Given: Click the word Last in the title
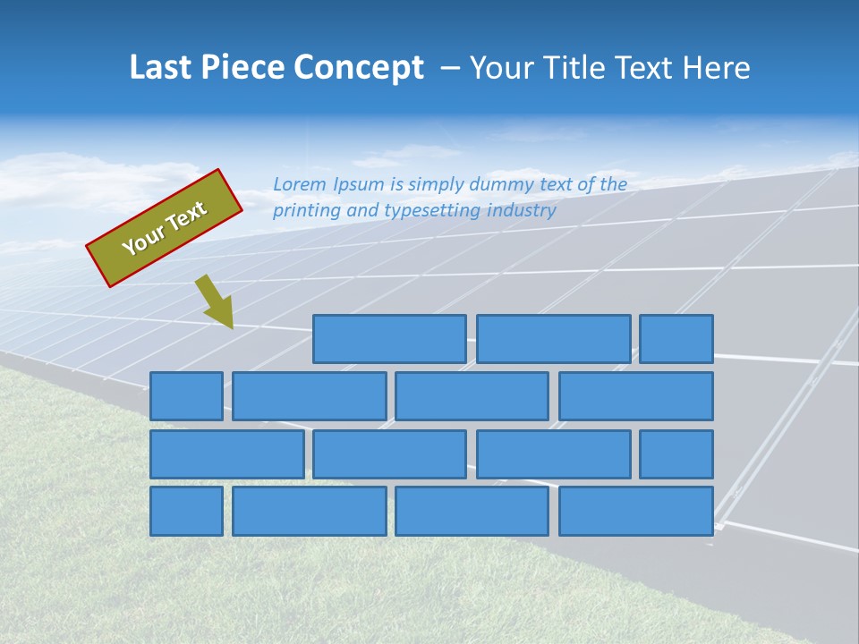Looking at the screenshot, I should tap(160, 68).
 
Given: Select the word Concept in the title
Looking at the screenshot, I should tap(360, 68).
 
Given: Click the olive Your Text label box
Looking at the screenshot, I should tap(165, 228).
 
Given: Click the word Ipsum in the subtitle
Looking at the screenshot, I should tap(360, 184).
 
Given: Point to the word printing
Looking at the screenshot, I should tap(307, 211).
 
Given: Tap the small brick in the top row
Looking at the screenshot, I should tap(676, 339).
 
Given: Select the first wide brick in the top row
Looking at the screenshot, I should tap(389, 339).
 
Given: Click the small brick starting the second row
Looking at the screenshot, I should tap(186, 396).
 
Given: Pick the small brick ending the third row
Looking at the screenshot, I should tap(676, 454).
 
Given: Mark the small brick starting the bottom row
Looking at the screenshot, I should tap(186, 512).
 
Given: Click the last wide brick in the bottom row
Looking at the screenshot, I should tap(636, 512).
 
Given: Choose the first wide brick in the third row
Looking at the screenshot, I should tap(226, 454).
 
